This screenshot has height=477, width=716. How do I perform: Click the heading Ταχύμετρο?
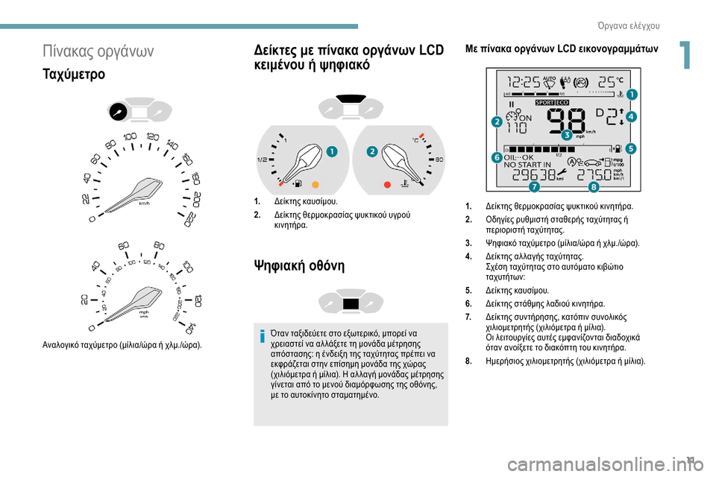coord(74,74)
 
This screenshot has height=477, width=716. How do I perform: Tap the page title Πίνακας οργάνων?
coord(98,51)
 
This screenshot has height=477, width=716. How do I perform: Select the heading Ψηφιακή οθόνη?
coord(299,265)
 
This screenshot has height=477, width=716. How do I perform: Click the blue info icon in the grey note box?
coord(262,336)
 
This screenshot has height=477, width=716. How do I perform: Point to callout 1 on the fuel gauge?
coord(332,151)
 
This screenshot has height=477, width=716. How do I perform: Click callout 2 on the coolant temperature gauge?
coord(372,151)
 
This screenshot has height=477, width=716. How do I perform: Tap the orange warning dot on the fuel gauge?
coord(315,184)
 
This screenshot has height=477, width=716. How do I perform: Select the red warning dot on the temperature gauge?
coord(387,184)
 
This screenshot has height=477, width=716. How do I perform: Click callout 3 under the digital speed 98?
coord(567,135)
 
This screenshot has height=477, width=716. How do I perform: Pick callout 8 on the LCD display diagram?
coord(593,186)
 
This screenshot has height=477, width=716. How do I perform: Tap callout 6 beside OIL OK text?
coord(497,157)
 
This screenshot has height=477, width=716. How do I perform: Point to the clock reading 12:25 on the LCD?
coord(524,82)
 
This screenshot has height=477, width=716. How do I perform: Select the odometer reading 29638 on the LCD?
coord(534,174)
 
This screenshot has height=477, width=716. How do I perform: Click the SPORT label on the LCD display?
coord(544,103)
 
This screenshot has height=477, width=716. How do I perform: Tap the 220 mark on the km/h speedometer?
coord(189,219)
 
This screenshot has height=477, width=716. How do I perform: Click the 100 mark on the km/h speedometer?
coord(130,136)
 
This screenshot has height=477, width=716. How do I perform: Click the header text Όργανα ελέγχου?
coord(628,26)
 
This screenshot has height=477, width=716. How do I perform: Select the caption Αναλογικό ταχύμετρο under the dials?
coord(122,344)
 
